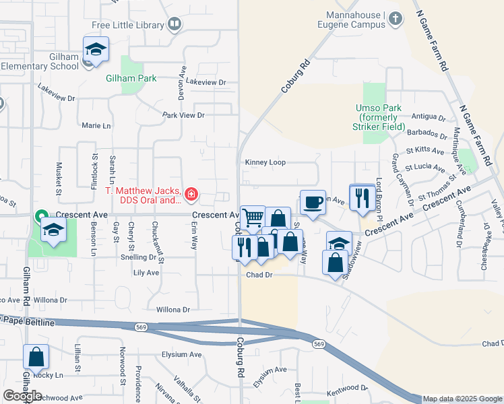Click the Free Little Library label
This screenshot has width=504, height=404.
[x=128, y=26]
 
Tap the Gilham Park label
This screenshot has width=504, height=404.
[x=131, y=78]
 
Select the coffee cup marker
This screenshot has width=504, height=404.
[x=312, y=203]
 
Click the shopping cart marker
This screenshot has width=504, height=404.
[x=253, y=218]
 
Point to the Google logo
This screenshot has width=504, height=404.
[x=22, y=396]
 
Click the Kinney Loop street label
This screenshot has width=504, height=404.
[x=265, y=162]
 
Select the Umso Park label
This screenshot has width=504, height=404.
[x=379, y=117]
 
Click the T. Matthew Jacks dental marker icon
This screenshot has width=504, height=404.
[x=192, y=195]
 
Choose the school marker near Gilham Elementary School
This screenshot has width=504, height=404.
[x=96, y=50]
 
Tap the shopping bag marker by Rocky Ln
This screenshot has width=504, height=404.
[x=36, y=357]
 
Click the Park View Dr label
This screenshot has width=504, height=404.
[x=183, y=115]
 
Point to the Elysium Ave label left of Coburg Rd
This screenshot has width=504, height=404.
[x=181, y=354]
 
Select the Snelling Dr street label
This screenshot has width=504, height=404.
[x=138, y=257]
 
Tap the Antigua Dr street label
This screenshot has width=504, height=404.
[x=429, y=116]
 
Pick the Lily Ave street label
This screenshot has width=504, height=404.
[x=146, y=273]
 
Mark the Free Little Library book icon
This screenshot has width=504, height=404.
[x=175, y=25]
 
